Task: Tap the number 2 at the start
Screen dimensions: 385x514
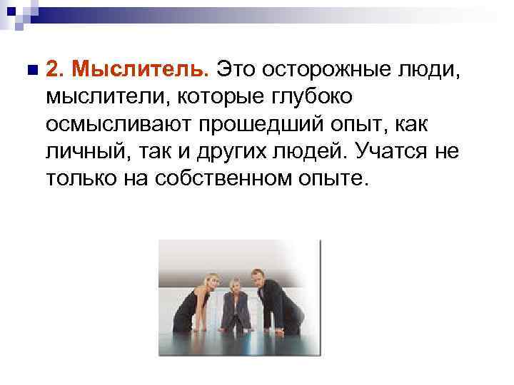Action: click(x=54, y=69)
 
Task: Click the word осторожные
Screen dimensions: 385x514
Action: click(x=328, y=69)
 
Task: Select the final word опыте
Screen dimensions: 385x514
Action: click(x=336, y=178)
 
